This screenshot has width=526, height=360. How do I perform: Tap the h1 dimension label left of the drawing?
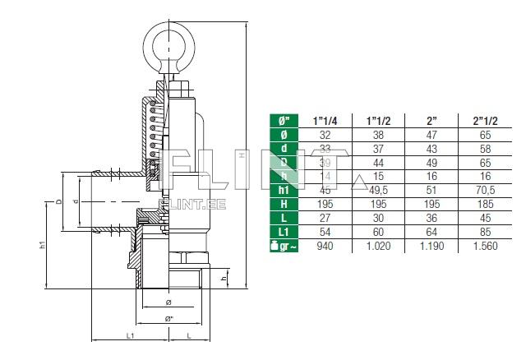(44, 245)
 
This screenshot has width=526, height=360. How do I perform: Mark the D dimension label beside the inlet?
(58, 201)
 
